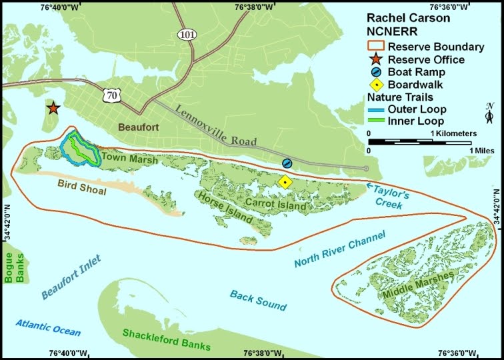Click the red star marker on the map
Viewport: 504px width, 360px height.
(x=53, y=108)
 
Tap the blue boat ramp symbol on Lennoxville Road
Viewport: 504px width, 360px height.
(x=287, y=163)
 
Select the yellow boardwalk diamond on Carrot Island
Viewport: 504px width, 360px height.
(x=285, y=181)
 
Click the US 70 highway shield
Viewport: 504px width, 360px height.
(x=111, y=97)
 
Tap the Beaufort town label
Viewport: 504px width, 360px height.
(x=140, y=127)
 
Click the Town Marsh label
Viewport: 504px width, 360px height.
(x=130, y=160)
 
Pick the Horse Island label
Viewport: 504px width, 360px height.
(x=223, y=207)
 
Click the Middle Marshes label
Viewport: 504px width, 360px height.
(x=413, y=287)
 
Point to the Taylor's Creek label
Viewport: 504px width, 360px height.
(x=389, y=197)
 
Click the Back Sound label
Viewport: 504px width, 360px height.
(x=258, y=300)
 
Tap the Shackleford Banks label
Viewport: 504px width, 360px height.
(x=167, y=339)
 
